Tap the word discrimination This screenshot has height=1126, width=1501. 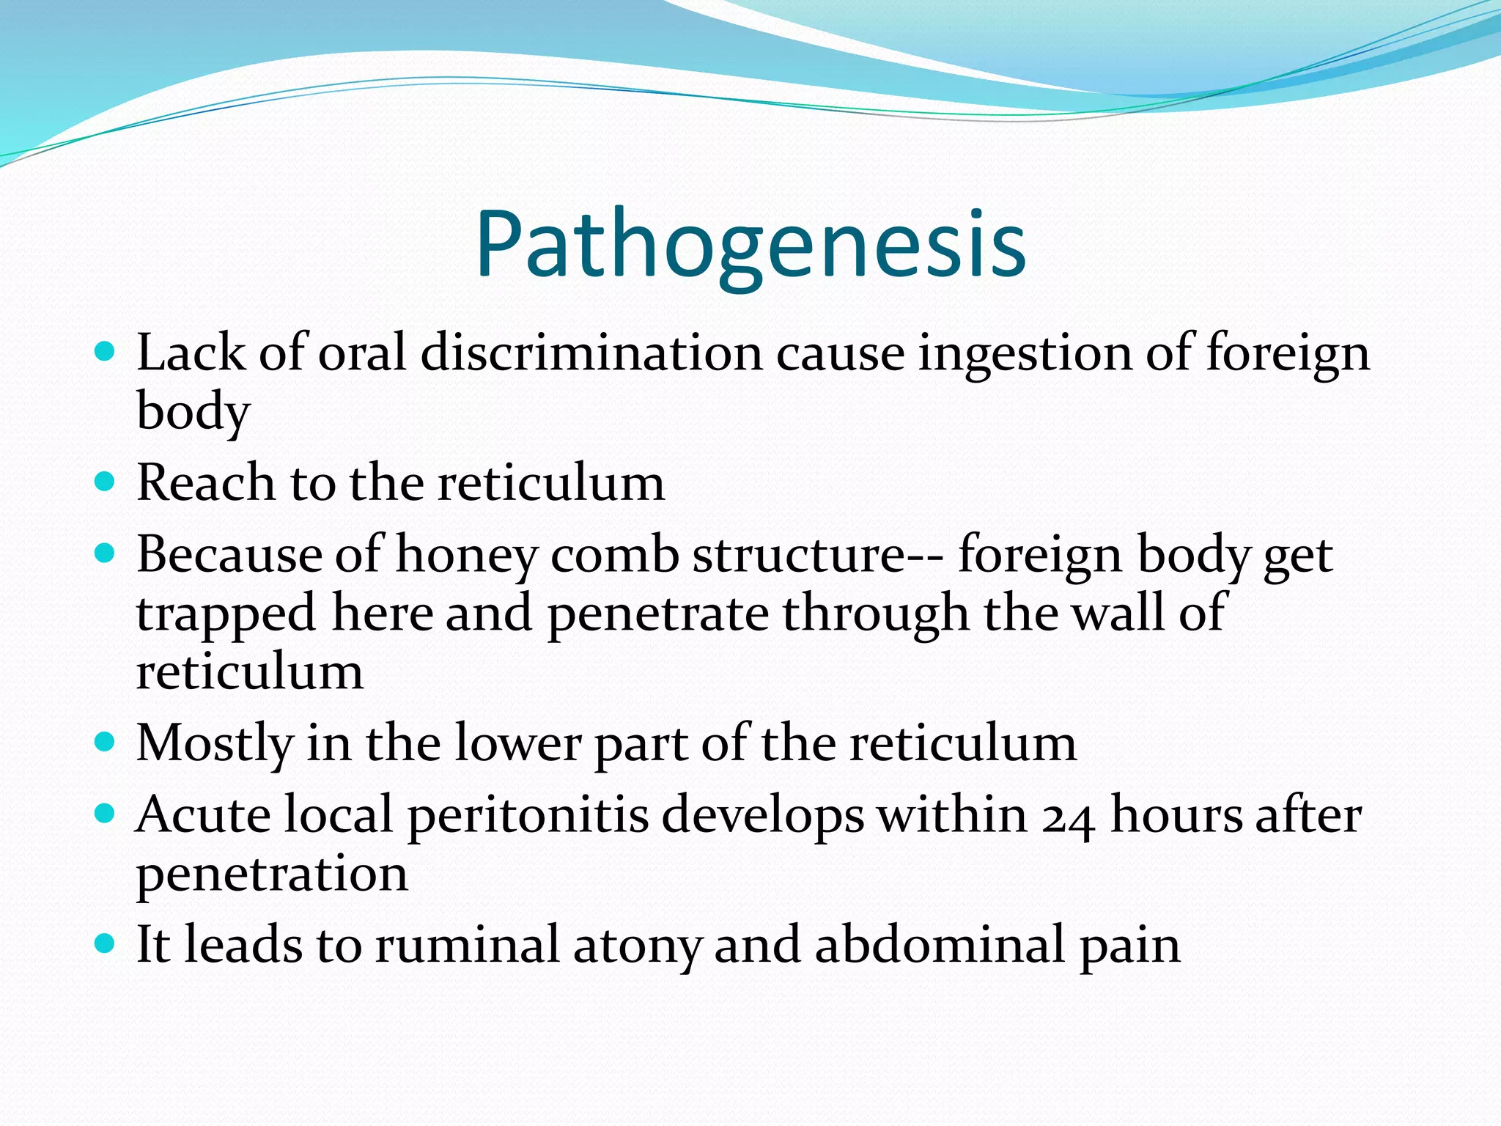click(x=591, y=353)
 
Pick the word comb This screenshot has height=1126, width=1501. click(x=615, y=554)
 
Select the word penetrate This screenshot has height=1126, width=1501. click(x=657, y=614)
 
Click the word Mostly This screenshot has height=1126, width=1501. click(x=215, y=745)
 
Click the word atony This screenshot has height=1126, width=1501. click(x=637, y=946)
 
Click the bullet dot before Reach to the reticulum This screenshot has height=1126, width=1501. click(x=106, y=482)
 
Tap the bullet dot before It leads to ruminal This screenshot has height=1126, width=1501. click(x=106, y=943)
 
